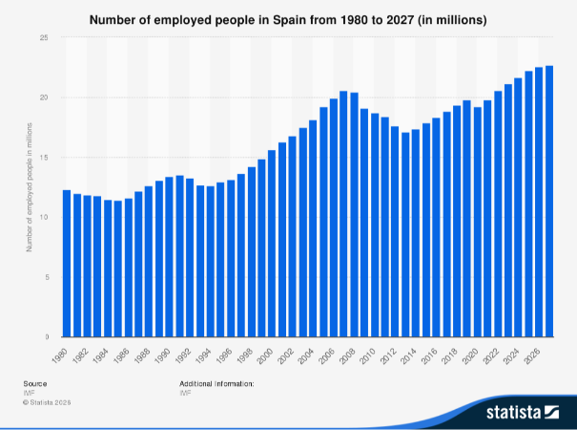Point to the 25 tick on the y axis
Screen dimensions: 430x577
(44, 37)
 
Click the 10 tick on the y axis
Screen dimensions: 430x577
(44, 218)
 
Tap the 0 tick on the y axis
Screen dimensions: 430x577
(46, 337)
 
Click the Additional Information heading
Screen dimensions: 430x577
(216, 383)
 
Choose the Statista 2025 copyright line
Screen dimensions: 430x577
(48, 402)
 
